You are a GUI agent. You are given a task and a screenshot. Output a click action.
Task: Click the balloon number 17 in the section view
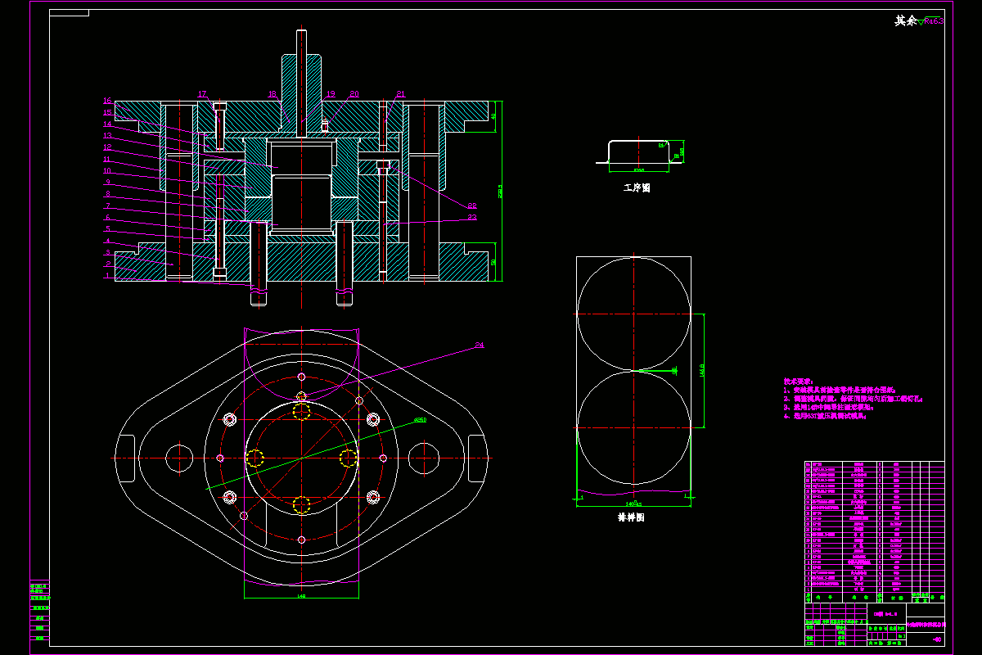203,94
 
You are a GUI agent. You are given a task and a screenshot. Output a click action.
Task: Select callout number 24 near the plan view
480,346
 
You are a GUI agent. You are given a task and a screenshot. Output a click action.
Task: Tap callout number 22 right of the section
472,206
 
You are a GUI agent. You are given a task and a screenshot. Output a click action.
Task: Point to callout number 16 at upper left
106,101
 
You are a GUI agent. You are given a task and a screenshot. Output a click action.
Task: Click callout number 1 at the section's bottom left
106,276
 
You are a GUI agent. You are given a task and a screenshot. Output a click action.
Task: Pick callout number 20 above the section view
354,94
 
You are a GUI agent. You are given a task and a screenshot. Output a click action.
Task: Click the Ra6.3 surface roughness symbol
930,21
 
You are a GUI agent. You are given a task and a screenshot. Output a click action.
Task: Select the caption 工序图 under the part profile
637,187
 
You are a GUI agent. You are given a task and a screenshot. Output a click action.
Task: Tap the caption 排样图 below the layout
632,517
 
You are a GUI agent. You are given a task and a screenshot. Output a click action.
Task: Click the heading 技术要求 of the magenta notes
798,382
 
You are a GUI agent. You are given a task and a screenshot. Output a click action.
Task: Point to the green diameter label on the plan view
420,420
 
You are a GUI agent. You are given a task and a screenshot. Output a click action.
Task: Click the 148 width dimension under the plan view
300,596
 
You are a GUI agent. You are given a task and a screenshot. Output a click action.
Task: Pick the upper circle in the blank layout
633,314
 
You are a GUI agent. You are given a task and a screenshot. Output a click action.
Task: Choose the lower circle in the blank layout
633,427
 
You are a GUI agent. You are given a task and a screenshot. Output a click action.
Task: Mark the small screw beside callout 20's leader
325,125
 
